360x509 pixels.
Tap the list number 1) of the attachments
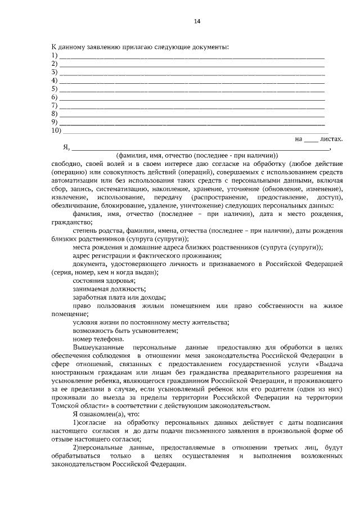tap(55, 55)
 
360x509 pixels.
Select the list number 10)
tap(56, 130)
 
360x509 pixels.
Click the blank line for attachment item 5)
tap(192, 89)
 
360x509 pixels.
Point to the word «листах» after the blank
tap(331, 138)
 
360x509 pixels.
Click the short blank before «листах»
tap(310, 139)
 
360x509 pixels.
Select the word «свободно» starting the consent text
tap(65, 164)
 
